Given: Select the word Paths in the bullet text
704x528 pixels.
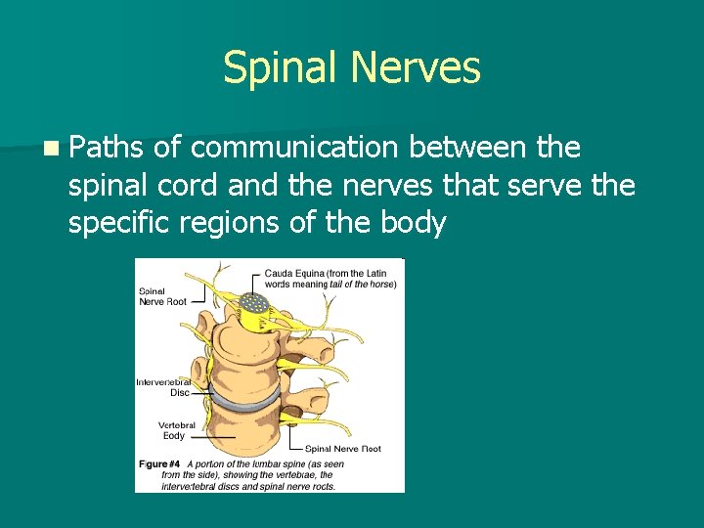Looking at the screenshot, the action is [x=108, y=148].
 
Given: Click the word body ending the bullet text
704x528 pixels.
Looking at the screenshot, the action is [x=413, y=223].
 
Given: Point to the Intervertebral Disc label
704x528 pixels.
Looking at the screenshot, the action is [x=163, y=387].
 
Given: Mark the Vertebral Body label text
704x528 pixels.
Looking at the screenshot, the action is [x=177, y=430].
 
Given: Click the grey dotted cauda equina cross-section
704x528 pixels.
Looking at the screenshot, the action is [x=256, y=305].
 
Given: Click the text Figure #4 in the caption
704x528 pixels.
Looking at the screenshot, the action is [x=158, y=462].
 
